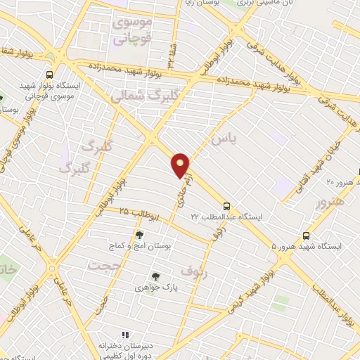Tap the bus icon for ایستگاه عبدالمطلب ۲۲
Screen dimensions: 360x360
226,207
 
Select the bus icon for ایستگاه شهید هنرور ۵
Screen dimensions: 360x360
306,236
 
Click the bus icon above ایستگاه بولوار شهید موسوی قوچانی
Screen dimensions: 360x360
49,75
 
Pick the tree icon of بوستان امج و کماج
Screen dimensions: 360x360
139,236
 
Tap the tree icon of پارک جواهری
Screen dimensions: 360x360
155,276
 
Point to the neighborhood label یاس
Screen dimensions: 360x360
219,139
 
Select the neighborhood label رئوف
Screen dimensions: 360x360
191,269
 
